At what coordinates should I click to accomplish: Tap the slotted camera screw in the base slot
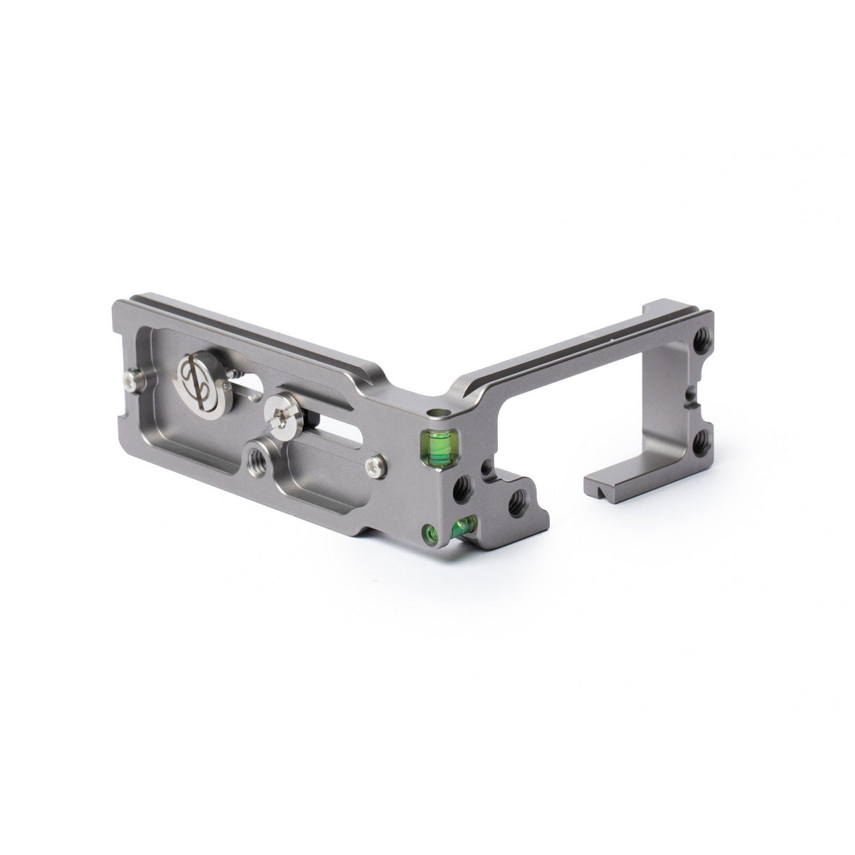click(280, 408)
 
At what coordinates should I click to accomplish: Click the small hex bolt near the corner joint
click(375, 463)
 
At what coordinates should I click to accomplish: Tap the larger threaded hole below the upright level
click(463, 492)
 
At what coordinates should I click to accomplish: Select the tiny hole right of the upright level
click(486, 466)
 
